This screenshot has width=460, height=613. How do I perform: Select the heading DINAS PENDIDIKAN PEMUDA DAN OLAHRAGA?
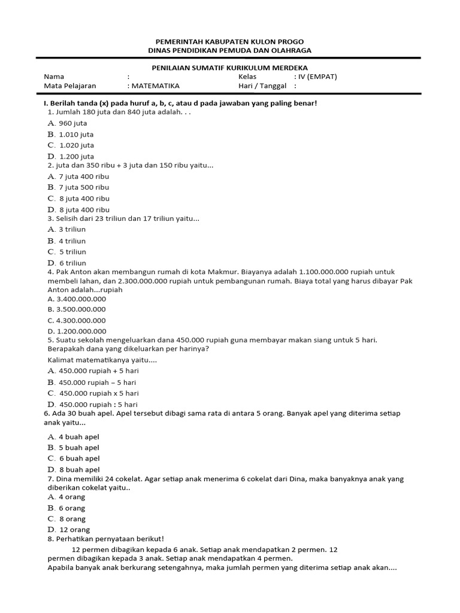pos(229,51)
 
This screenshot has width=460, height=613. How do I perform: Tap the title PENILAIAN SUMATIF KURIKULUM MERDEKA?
pos(229,68)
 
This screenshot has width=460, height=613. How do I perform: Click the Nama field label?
pos(54,77)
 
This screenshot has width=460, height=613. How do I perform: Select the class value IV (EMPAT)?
pos(316,77)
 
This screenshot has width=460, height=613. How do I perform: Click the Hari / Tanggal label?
pos(262,86)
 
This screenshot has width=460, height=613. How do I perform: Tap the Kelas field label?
pos(247,77)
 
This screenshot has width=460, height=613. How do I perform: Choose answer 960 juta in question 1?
pos(72,123)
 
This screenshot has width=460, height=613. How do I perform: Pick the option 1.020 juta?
pos(76,145)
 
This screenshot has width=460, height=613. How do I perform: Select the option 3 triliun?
pos(72,229)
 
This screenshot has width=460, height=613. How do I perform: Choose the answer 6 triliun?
pos(72,263)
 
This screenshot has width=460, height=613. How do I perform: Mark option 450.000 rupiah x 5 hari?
pos(98,393)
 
